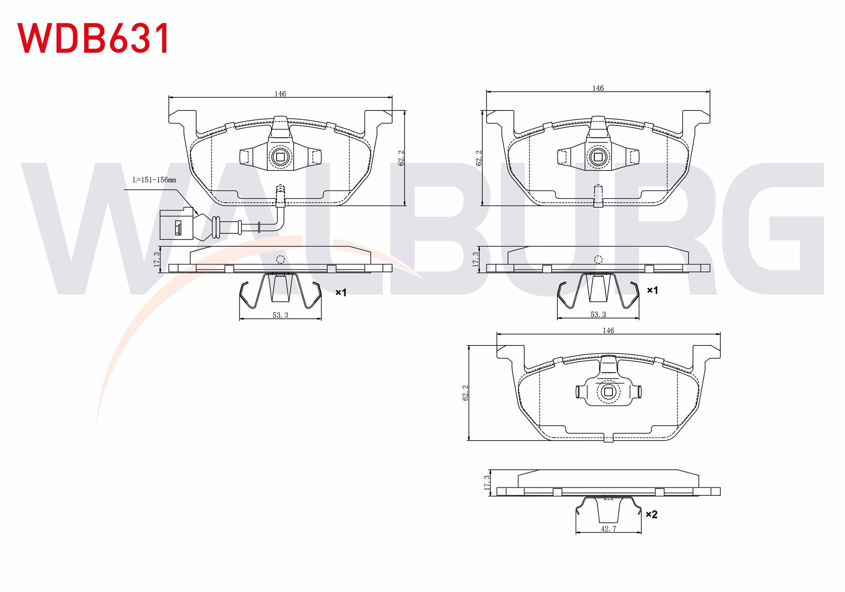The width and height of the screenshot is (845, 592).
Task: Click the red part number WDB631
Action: point(93,38)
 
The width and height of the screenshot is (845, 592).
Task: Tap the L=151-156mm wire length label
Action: point(154,180)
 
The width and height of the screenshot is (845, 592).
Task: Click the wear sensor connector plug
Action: point(176,223)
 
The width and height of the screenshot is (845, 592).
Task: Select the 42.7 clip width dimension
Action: point(608,529)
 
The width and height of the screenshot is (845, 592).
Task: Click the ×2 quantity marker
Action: point(651,514)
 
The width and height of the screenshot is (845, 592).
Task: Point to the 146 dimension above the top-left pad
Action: point(280,94)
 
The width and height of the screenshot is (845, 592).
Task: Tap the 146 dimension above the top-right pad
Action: point(598,88)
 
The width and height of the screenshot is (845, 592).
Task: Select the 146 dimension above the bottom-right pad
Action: point(608,330)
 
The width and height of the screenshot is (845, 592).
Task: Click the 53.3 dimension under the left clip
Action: point(280,315)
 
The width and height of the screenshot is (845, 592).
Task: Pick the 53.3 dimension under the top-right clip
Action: point(598,314)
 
